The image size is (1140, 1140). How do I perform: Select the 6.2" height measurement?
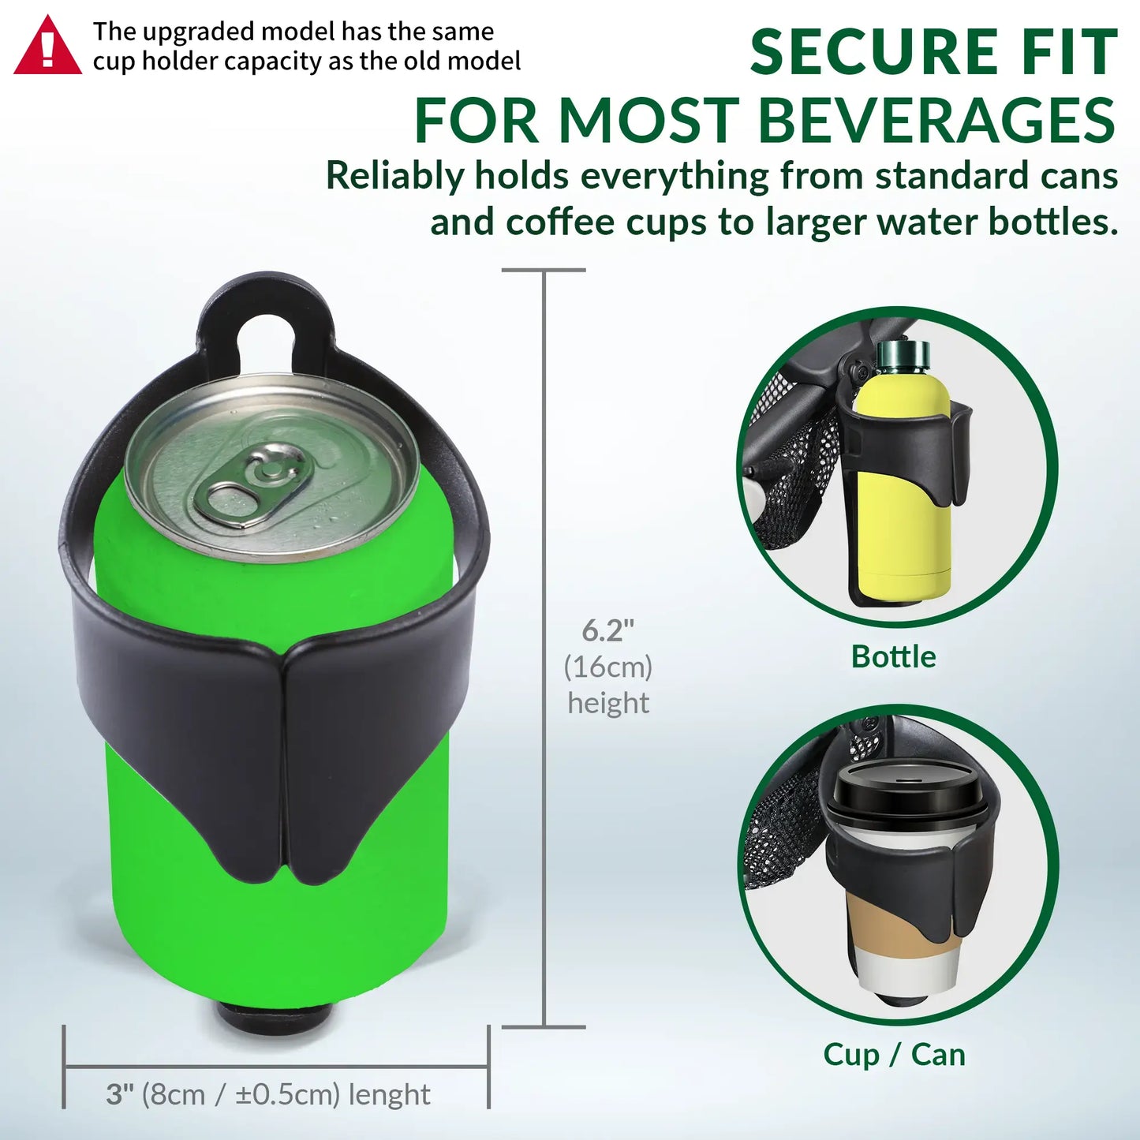(607, 630)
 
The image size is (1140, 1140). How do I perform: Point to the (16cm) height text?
(607, 667)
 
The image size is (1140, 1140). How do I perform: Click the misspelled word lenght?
(389, 1094)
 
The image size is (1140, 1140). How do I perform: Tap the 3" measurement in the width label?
(119, 1094)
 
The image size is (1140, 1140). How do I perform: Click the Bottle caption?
(893, 656)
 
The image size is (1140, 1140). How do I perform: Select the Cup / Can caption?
(894, 1054)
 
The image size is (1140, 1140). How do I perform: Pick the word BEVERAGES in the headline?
(936, 121)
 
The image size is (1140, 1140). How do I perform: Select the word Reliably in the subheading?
(394, 175)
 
